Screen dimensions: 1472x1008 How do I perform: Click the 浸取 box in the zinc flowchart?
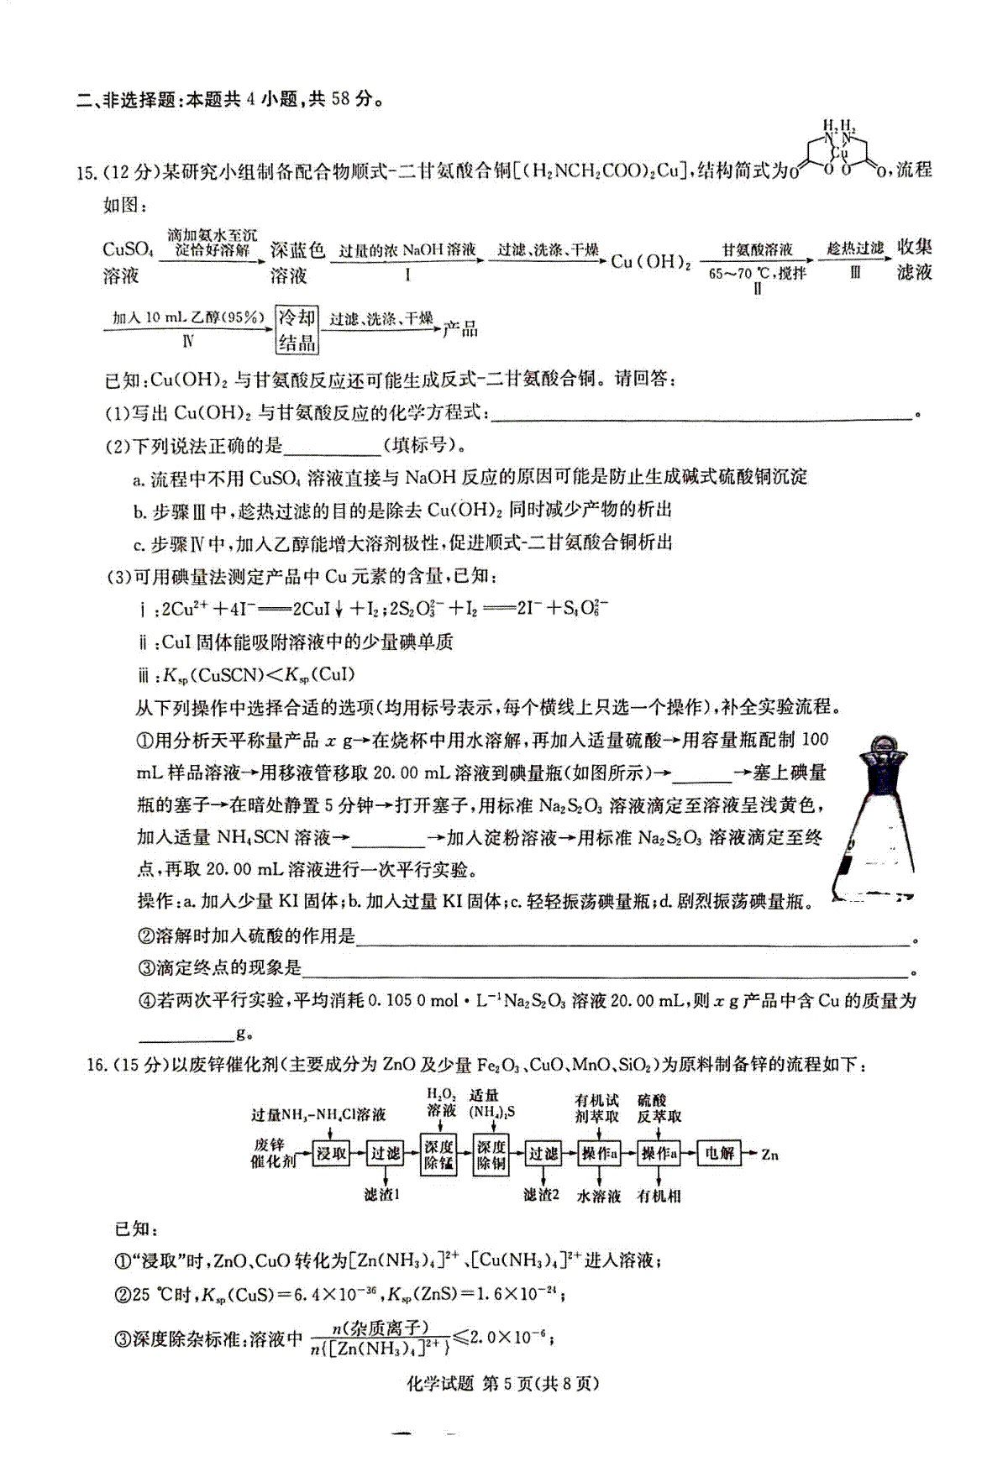click(330, 1154)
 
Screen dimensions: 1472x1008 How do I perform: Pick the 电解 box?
click(720, 1154)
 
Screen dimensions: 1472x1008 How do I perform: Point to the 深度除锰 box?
click(438, 1155)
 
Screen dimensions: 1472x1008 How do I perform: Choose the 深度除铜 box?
click(491, 1155)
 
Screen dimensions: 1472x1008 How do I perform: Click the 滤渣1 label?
click(382, 1195)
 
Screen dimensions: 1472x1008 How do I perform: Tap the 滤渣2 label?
click(541, 1195)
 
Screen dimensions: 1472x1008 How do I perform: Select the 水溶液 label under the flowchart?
click(598, 1196)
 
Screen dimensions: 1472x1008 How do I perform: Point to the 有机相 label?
click(659, 1196)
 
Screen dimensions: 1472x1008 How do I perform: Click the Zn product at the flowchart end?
click(769, 1155)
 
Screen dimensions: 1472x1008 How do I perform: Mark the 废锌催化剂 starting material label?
click(273, 1153)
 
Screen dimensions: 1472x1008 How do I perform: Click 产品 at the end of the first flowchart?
click(460, 328)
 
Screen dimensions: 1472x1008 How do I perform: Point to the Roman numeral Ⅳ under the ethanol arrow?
click(188, 341)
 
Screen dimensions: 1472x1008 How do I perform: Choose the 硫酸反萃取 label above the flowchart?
click(659, 1108)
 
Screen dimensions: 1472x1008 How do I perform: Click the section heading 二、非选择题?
click(129, 100)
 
